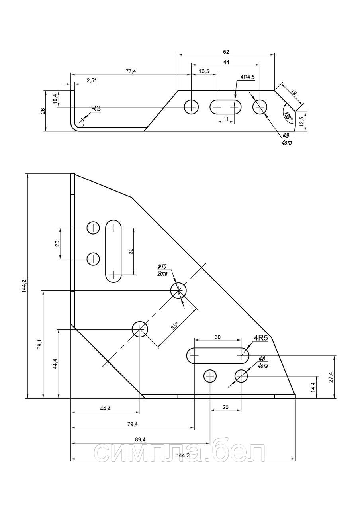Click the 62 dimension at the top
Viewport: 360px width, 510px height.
(x=226, y=52)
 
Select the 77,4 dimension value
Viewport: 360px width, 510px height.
(x=131, y=71)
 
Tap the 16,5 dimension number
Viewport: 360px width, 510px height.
(x=204, y=71)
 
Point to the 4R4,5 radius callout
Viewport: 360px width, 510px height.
(x=247, y=77)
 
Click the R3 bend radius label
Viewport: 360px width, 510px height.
(x=96, y=109)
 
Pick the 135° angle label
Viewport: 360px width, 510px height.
(x=288, y=116)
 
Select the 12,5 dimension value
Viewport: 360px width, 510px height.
(x=302, y=122)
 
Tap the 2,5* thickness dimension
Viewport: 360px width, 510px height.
(x=92, y=81)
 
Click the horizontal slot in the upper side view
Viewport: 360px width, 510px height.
(x=225, y=106)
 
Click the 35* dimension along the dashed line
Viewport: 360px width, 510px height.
(x=175, y=326)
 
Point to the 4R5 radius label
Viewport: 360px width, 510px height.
(x=261, y=338)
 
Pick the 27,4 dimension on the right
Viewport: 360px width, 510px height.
(x=331, y=377)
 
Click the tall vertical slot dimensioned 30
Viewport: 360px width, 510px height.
(x=113, y=251)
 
